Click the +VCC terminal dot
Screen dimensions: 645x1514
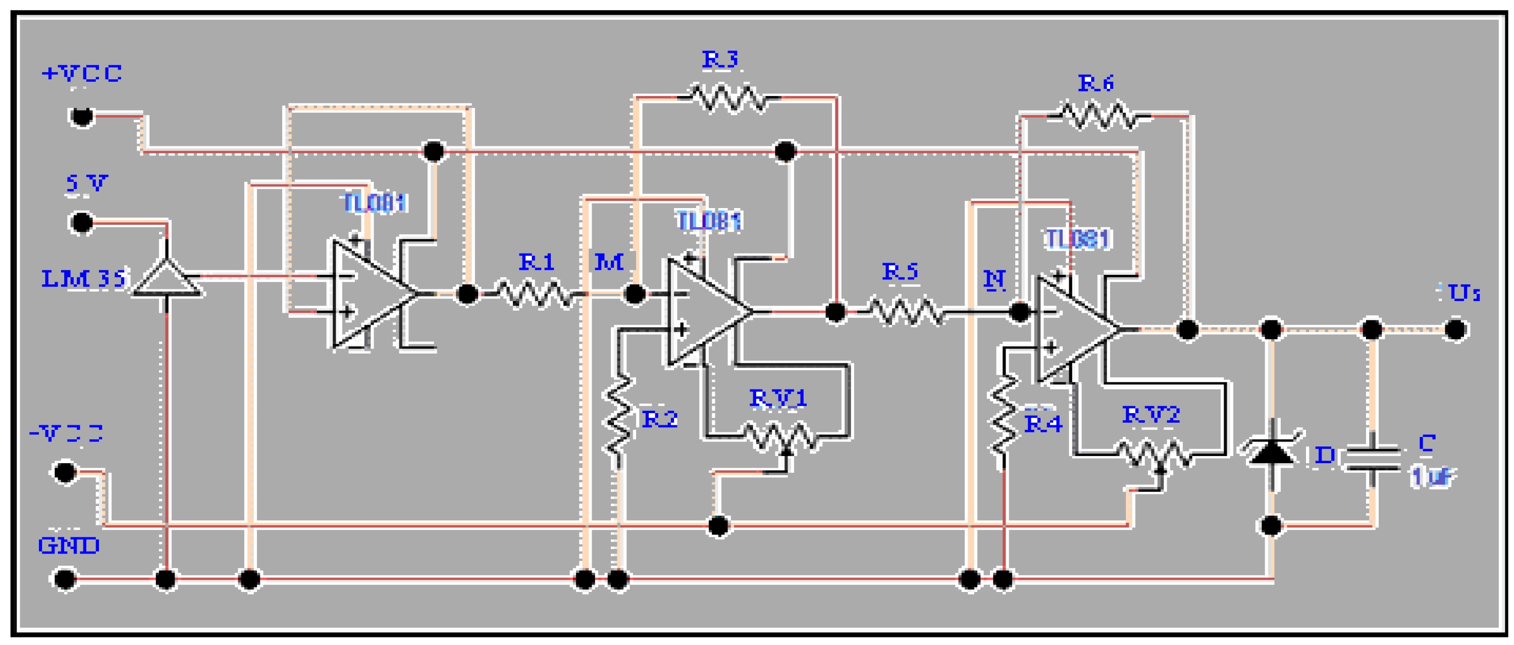point(81,116)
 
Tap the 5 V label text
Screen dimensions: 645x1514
point(86,183)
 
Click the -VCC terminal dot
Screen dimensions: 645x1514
point(65,472)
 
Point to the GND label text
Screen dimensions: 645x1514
point(68,545)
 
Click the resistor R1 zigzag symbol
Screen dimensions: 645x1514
point(535,293)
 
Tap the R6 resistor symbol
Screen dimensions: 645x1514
point(1098,116)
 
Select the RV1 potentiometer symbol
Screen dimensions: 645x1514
point(779,437)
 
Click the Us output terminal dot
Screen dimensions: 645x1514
point(1455,330)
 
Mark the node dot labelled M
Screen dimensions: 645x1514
point(634,293)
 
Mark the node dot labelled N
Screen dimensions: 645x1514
point(1020,312)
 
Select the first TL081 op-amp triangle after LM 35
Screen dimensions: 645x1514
point(370,293)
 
